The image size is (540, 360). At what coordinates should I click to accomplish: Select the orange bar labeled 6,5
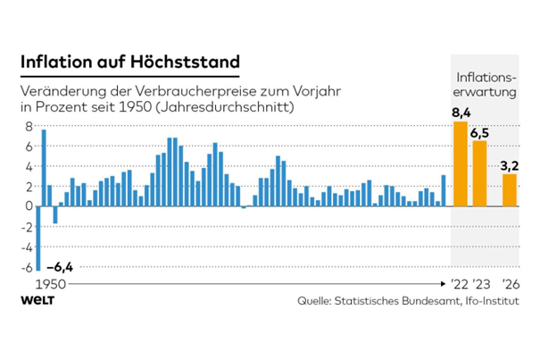479,173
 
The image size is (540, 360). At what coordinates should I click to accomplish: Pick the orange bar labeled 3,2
510,189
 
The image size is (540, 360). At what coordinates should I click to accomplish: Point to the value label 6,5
480,133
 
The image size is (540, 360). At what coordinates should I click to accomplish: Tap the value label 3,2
511,165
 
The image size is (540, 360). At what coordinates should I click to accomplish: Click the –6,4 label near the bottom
61,266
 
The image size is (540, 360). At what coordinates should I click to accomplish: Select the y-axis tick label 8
29,126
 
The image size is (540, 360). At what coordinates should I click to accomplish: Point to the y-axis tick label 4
29,166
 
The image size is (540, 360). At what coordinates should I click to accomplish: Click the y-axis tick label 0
29,206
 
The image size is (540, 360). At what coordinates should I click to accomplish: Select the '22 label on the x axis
458,285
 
